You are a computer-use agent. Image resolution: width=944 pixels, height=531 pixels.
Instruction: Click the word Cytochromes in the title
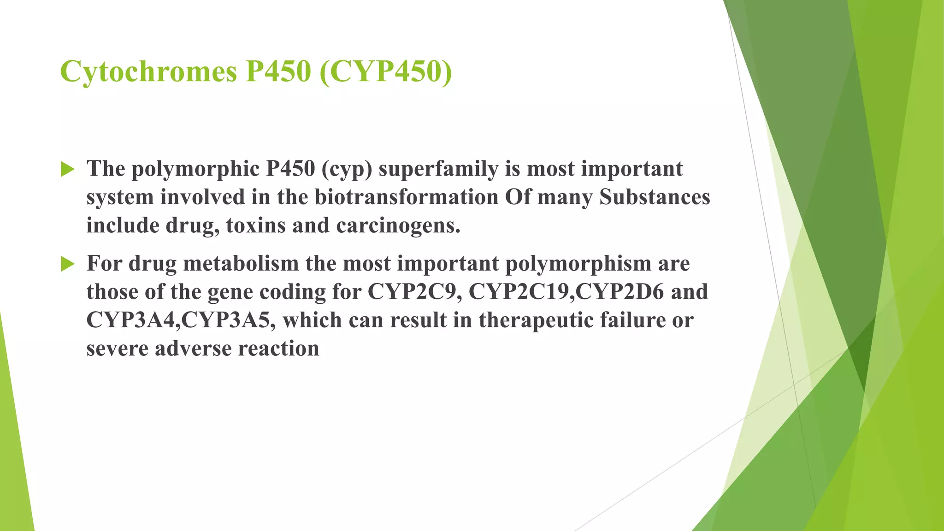pyautogui.click(x=148, y=72)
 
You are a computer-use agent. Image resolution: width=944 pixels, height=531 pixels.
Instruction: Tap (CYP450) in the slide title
pyautogui.click(x=385, y=72)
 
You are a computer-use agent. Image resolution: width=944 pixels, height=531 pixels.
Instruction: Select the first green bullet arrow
pyautogui.click(x=68, y=170)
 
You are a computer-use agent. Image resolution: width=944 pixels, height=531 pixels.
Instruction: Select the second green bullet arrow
pyautogui.click(x=68, y=264)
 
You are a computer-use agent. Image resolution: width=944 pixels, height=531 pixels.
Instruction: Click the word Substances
pyautogui.click(x=655, y=197)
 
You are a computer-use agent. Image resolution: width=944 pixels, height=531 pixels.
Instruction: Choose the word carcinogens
pyautogui.click(x=398, y=225)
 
